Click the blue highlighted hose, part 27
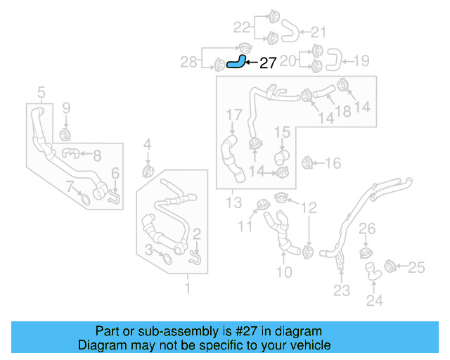click(236, 63)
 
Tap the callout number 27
click(268, 63)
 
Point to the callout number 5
click(41, 91)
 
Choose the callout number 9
click(66, 108)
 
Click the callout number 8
click(97, 154)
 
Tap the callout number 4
click(148, 145)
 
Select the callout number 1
click(187, 288)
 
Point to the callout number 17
click(233, 114)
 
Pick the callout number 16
click(333, 164)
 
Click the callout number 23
click(342, 290)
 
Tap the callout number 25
click(417, 267)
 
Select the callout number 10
click(284, 271)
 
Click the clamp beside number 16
click(306, 164)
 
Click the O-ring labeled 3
click(166, 259)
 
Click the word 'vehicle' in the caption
click(307, 346)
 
